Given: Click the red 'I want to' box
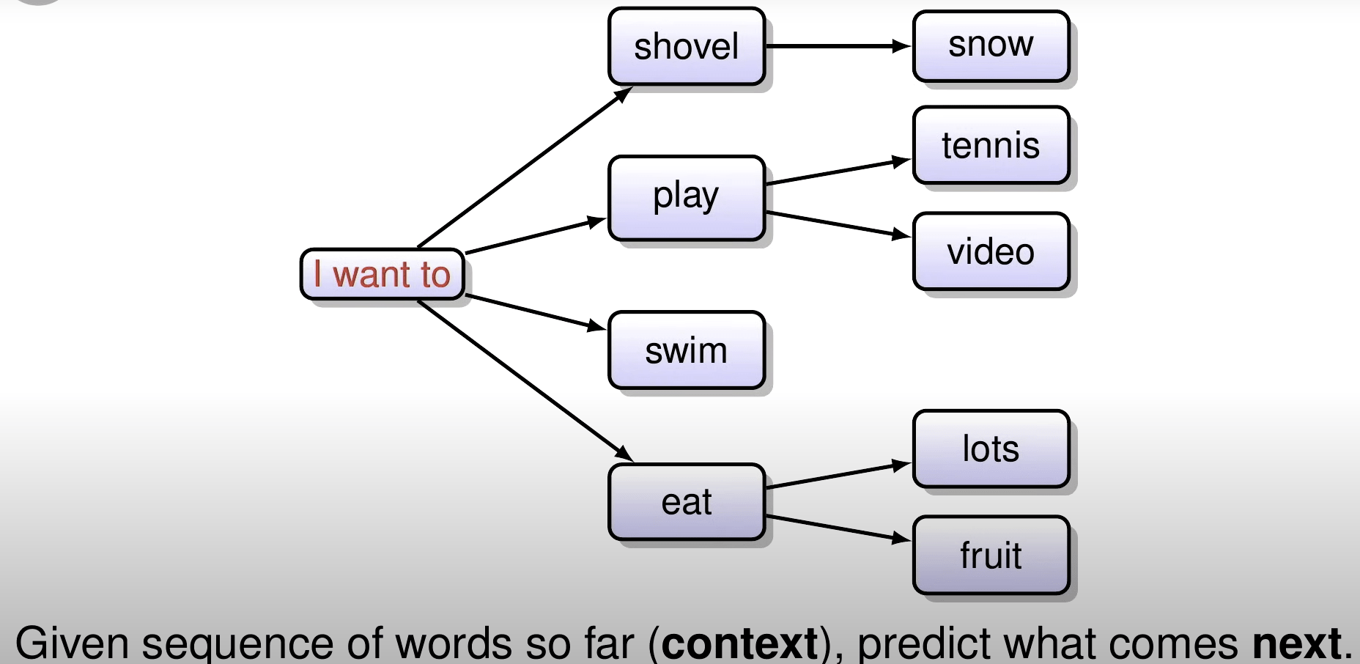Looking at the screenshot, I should pyautogui.click(x=382, y=274).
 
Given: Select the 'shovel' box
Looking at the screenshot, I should pyautogui.click(x=686, y=47).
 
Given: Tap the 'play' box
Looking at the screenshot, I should pyautogui.click(x=686, y=197).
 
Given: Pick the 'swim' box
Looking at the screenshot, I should pyautogui.click(x=686, y=350).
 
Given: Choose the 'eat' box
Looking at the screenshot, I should pyautogui.click(x=686, y=503).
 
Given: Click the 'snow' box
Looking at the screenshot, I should pyautogui.click(x=991, y=45).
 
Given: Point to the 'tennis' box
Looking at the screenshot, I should pyautogui.click(x=991, y=145).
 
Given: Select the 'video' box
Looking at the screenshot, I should pyautogui.click(x=991, y=251).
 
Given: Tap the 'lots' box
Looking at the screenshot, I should pyautogui.click(x=991, y=449).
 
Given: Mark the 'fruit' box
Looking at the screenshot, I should pyautogui.click(x=991, y=555).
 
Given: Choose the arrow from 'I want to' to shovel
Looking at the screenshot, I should pyautogui.click(x=524, y=167).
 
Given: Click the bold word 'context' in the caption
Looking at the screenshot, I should pyautogui.click(x=739, y=643).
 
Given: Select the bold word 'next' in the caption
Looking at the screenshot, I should pyautogui.click(x=1296, y=643).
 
